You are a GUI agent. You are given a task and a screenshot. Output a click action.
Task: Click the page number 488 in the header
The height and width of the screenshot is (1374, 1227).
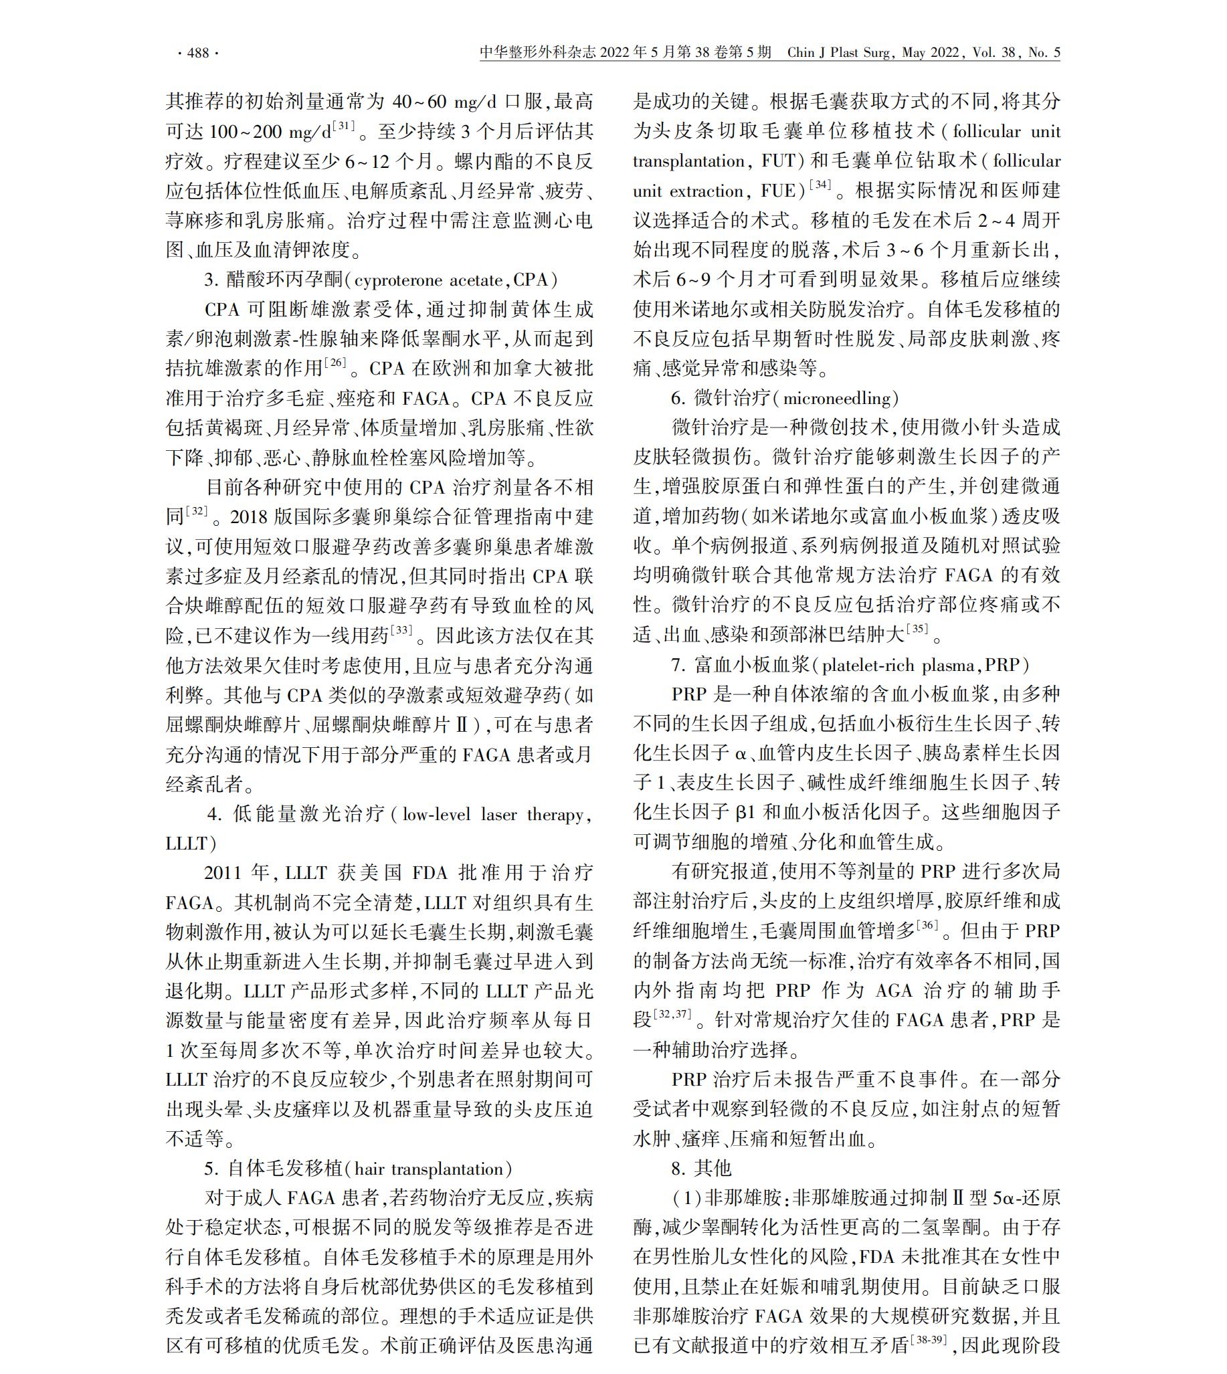coord(197,54)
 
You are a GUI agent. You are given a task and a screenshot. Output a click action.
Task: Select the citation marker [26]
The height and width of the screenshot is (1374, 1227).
coord(335,363)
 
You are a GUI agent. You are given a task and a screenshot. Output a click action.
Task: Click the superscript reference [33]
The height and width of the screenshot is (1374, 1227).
coord(402,629)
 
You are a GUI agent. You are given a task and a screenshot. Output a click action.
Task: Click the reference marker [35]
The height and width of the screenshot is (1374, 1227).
coord(917,629)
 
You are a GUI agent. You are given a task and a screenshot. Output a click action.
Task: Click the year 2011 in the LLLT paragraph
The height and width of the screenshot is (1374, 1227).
coord(223,874)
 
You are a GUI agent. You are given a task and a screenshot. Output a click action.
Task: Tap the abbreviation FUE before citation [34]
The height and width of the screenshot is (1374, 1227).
coord(778,191)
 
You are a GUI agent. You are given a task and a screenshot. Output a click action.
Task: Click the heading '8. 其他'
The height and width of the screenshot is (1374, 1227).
coord(701,1170)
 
